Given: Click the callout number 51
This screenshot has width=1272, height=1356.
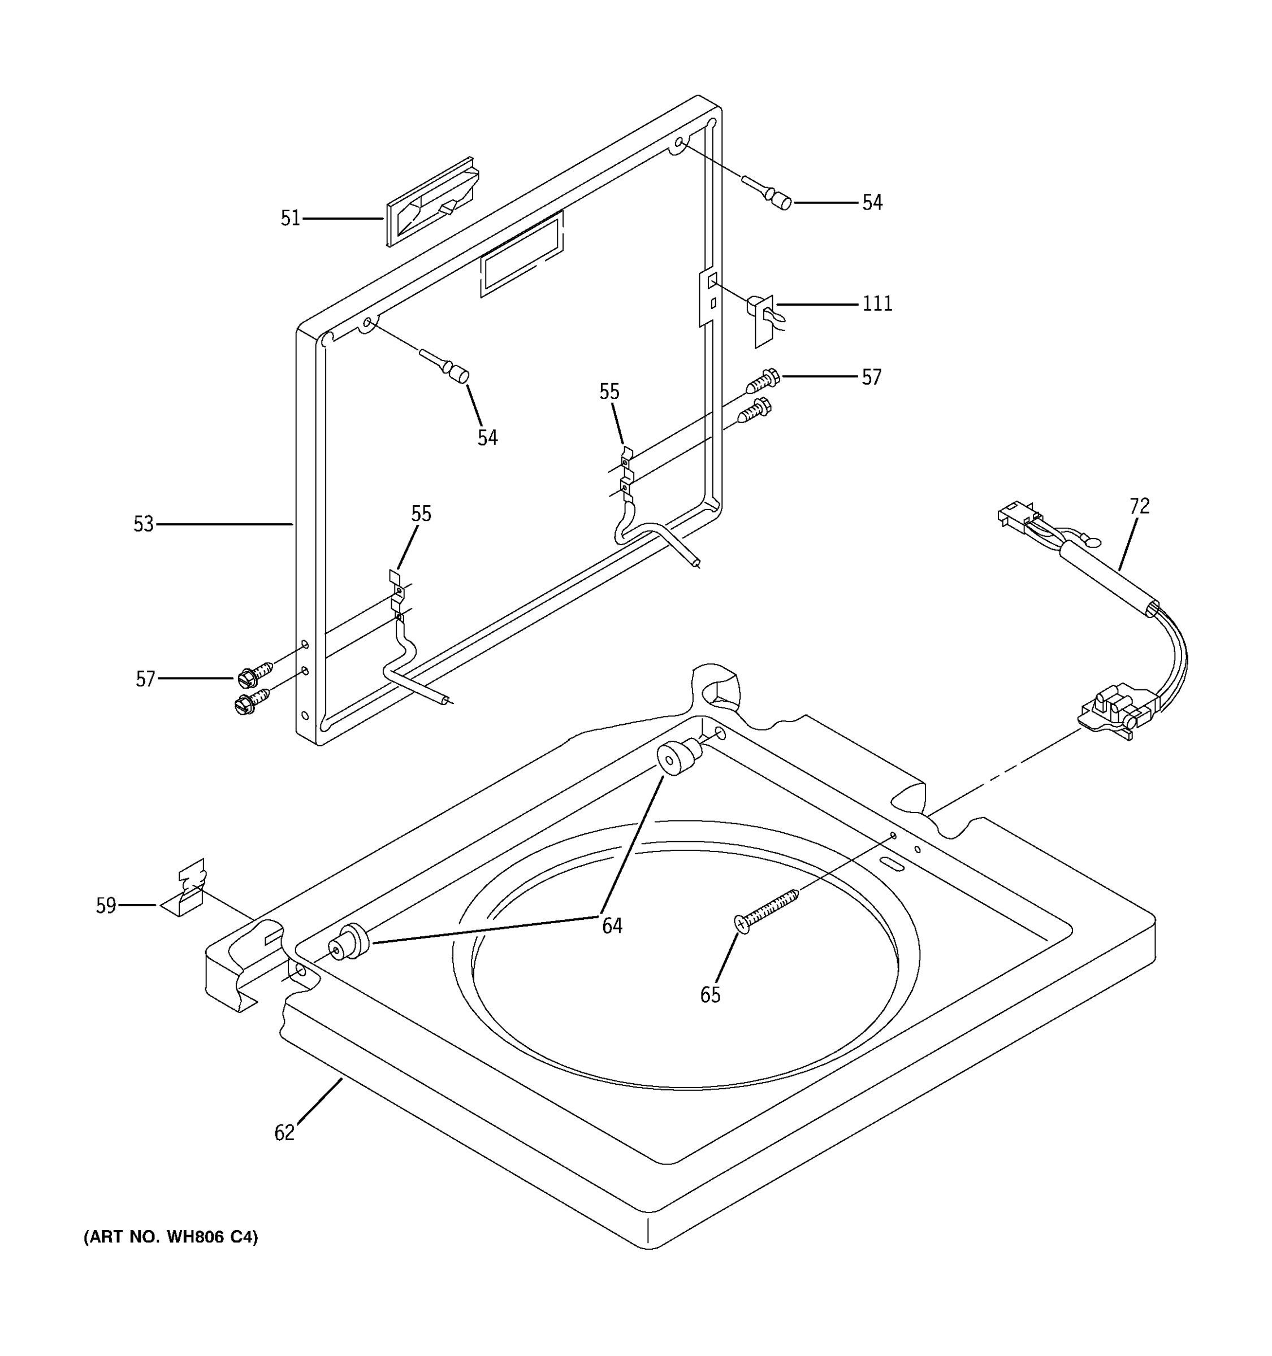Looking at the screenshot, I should click(290, 218).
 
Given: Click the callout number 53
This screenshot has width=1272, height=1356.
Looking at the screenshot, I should click(143, 524).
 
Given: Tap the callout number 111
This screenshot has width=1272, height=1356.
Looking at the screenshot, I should click(877, 303).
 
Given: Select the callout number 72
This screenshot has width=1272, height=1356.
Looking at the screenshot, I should click(1139, 506).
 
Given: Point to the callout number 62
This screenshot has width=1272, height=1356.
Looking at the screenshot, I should click(284, 1133).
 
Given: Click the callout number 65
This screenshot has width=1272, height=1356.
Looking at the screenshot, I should click(709, 995).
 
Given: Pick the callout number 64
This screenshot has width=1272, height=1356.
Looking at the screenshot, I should click(612, 925).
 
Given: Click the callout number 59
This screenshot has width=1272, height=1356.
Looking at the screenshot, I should click(106, 906).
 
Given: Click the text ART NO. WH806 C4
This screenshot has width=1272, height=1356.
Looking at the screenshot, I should click(171, 1237).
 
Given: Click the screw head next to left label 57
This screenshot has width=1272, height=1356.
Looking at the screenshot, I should click(246, 678).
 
